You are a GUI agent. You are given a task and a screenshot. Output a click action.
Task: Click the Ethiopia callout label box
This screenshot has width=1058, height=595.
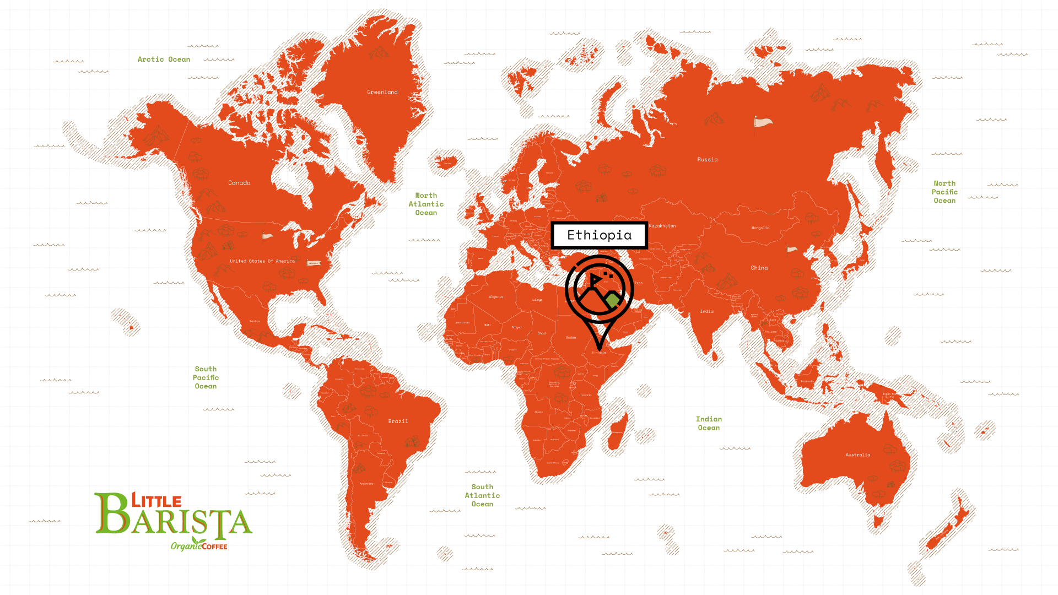599,235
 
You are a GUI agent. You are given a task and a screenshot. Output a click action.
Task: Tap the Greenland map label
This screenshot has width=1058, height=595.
382,93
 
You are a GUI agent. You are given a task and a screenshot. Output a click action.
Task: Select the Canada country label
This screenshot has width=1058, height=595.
239,183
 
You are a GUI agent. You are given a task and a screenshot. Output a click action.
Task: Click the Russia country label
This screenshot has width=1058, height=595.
708,160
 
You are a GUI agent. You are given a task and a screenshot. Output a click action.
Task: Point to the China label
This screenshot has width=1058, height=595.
759,268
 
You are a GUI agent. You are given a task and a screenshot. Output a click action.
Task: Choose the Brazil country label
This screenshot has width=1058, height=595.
398,421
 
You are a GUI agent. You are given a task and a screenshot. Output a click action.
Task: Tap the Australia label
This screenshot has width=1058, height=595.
858,455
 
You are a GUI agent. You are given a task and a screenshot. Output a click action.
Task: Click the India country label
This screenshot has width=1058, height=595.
706,311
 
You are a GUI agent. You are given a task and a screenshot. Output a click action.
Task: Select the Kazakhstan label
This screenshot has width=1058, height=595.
662,226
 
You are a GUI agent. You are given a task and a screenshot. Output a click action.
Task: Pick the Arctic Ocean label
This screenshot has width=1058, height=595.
164,59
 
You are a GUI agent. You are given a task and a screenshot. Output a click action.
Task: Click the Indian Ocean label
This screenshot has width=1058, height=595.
709,424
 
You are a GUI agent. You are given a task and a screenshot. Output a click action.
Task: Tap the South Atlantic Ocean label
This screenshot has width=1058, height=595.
482,495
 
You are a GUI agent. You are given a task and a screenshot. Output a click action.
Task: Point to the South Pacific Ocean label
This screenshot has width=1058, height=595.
206,377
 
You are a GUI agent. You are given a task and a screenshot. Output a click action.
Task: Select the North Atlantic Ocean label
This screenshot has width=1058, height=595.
426,204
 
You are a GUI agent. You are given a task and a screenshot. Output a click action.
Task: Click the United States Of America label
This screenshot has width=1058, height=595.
262,261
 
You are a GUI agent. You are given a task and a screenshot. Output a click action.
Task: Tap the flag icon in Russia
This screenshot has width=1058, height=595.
762,123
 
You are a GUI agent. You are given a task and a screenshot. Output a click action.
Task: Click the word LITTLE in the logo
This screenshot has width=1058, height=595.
156,501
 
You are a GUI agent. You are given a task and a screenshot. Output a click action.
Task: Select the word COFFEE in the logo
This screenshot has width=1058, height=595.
214,547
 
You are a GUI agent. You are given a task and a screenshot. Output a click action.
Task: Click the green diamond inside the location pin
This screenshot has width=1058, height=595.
612,301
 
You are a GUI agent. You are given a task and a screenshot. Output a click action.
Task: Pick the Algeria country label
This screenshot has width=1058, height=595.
496,297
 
